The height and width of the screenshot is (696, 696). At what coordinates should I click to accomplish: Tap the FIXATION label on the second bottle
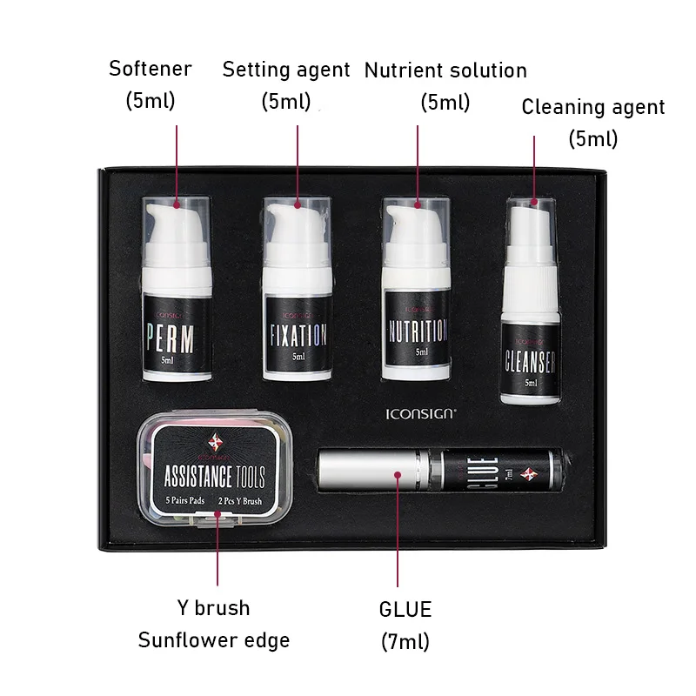click(296, 336)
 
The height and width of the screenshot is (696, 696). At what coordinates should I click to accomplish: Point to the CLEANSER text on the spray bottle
click(531, 360)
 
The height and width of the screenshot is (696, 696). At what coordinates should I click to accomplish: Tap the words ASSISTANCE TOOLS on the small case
click(214, 476)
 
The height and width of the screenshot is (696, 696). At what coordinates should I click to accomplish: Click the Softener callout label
click(151, 68)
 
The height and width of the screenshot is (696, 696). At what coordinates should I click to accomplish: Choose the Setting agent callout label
click(286, 70)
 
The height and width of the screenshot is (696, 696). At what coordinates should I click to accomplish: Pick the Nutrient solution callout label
click(445, 70)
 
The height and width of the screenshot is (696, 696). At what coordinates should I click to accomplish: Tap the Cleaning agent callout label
click(593, 107)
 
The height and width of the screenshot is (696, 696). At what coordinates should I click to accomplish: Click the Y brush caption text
click(213, 607)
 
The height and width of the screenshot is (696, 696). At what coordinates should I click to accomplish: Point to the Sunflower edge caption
click(214, 640)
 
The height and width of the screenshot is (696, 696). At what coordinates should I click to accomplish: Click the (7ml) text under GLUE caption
click(405, 642)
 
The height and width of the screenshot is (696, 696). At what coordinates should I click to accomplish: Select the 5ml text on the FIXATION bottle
click(298, 357)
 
